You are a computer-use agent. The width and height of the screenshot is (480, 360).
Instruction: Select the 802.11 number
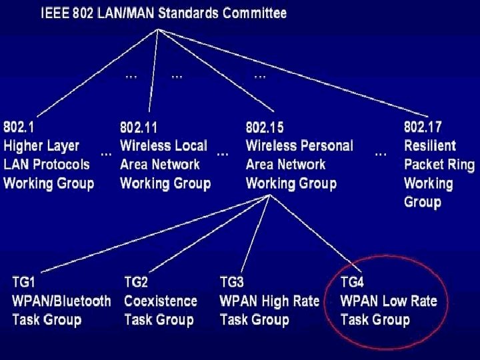[x=138, y=127]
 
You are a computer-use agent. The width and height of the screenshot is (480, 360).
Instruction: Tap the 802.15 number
[x=265, y=127]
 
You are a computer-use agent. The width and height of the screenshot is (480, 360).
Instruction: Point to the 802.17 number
[x=423, y=127]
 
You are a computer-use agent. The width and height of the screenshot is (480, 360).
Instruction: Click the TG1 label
[x=24, y=282]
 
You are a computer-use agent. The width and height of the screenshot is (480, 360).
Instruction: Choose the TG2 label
[x=136, y=282]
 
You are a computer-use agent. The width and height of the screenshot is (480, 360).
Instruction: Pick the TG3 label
[x=231, y=282]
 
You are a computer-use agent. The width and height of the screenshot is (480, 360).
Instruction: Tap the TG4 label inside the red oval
[x=352, y=282]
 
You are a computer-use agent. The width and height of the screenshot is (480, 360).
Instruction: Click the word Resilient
[x=430, y=145]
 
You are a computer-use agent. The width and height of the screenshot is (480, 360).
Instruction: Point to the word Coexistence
[x=161, y=301]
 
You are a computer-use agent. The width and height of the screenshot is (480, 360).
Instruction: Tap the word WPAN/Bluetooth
[x=61, y=301]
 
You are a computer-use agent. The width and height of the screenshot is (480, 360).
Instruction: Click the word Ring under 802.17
[x=460, y=164]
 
